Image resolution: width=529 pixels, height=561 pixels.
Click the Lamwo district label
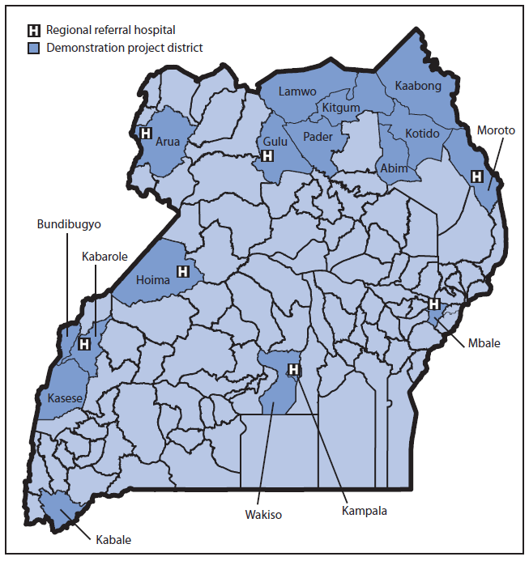pyautogui.click(x=296, y=92)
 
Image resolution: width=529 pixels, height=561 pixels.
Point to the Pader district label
pyautogui.click(x=318, y=137)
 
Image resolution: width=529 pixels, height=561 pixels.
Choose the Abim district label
pyautogui.click(x=394, y=169)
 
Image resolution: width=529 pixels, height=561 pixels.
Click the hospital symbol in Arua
pyautogui.click(x=146, y=134)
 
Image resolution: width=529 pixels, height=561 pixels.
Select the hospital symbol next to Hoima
pyautogui.click(x=183, y=271)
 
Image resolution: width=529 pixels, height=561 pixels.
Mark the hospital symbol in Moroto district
pyautogui.click(x=477, y=176)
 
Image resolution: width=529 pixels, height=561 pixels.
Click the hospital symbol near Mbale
pyautogui.click(x=433, y=304)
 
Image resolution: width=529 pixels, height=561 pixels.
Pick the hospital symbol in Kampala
pyautogui.click(x=293, y=370)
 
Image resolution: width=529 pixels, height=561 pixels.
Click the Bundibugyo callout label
pyautogui.click(x=68, y=223)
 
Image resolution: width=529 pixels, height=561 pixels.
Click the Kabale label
pyautogui.click(x=113, y=539)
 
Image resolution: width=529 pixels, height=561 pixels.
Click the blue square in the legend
pyautogui.click(x=34, y=48)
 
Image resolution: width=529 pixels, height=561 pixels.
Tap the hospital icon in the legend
pyautogui.click(x=34, y=31)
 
